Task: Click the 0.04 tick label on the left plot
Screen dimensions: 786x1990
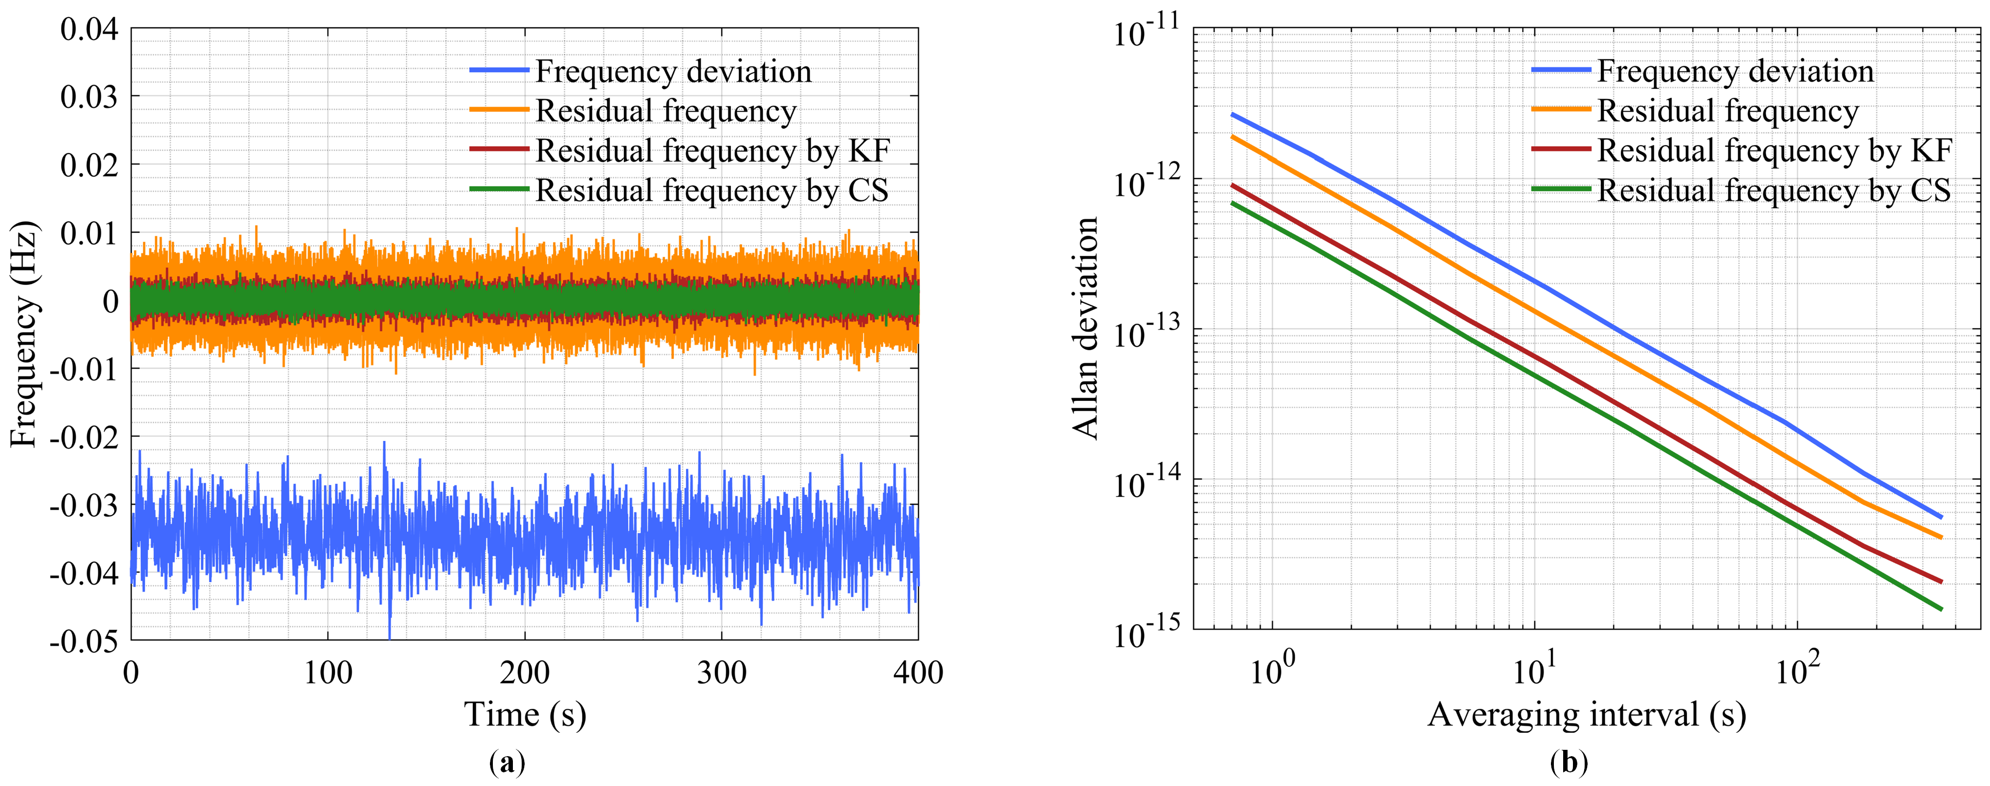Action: pyautogui.click(x=89, y=30)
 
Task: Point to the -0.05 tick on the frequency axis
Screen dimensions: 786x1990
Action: pyautogui.click(x=84, y=641)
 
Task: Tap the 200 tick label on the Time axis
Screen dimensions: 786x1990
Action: pyautogui.click(x=525, y=673)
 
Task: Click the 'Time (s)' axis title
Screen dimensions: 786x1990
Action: pyautogui.click(x=525, y=714)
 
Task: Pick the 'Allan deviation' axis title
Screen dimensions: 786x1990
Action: pyautogui.click(x=1085, y=328)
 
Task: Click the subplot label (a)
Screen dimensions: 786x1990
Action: pyautogui.click(x=508, y=763)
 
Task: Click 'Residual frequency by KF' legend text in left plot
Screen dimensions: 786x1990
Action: pyautogui.click(x=712, y=151)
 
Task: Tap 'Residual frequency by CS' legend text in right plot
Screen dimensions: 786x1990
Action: pyautogui.click(x=1774, y=190)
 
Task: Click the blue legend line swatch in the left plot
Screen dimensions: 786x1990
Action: pyautogui.click(x=499, y=71)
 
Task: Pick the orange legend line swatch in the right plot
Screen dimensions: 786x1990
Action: pyautogui.click(x=1561, y=110)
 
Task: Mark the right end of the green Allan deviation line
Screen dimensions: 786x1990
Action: pyautogui.click(x=1941, y=609)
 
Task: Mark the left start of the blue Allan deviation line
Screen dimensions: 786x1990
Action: pyautogui.click(x=1233, y=114)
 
